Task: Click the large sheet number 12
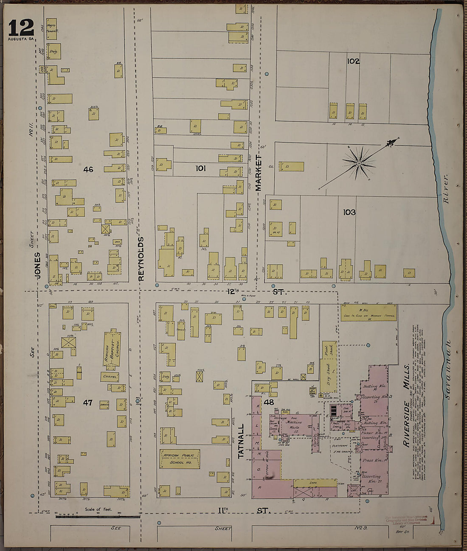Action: coord(21,28)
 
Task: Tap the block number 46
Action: coord(88,170)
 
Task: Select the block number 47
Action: coord(87,403)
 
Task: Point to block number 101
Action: coord(200,168)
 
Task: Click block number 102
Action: coord(353,61)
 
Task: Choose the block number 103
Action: coord(349,212)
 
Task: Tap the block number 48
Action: coord(268,402)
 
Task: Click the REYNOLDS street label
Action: coord(141,259)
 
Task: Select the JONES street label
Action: coord(37,266)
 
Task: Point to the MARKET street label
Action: coord(259,173)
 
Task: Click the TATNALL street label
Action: coord(241,441)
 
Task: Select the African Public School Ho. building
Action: coord(179,459)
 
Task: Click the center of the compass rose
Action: coord(359,163)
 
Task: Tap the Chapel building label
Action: coord(110,376)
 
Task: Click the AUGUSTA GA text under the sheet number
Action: coord(21,39)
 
